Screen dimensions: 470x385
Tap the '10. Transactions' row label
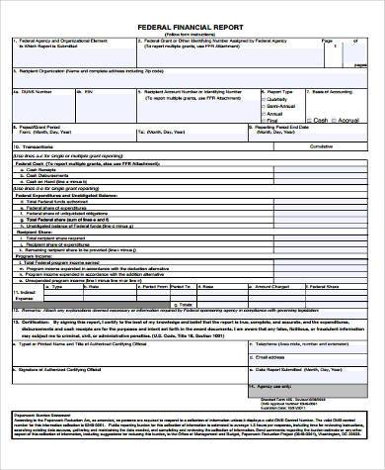pos(37,143)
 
